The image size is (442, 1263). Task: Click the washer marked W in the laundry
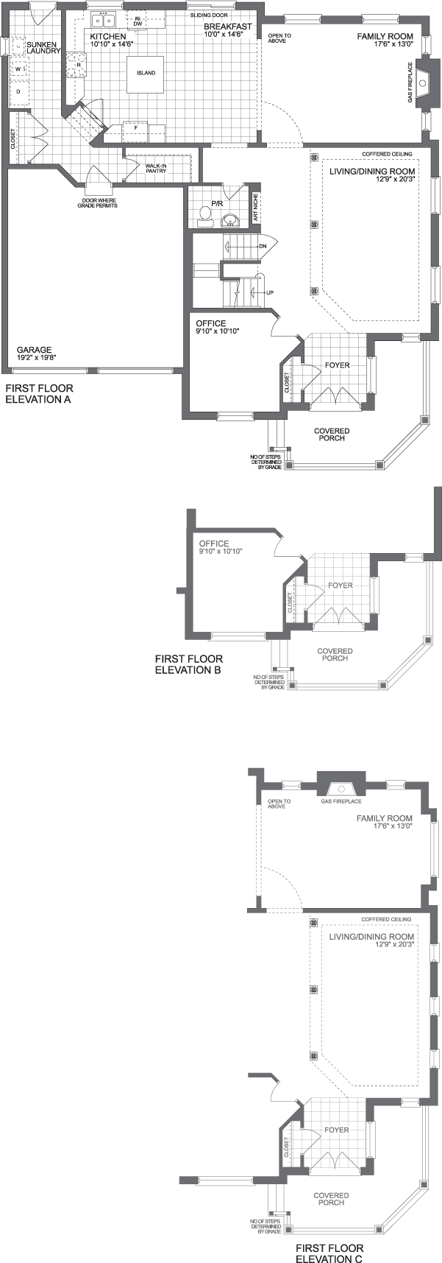pyautogui.click(x=18, y=69)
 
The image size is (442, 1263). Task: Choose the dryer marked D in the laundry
pyautogui.click(x=18, y=91)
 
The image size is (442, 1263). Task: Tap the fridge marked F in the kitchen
pyautogui.click(x=135, y=127)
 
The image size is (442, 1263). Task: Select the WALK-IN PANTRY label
pyautogui.click(x=155, y=169)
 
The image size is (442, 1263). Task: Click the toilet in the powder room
pyautogui.click(x=205, y=215)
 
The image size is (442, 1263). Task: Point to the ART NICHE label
pyautogui.click(x=255, y=208)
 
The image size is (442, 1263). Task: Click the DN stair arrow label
pyautogui.click(x=263, y=246)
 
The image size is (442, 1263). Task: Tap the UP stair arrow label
pyautogui.click(x=270, y=292)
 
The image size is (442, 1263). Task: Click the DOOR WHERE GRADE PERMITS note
pyautogui.click(x=97, y=203)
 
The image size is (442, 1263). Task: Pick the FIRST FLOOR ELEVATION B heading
pyautogui.click(x=188, y=664)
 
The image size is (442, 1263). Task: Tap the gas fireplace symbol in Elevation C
pyautogui.click(x=341, y=786)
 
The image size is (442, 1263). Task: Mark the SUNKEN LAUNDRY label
pyautogui.click(x=43, y=48)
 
